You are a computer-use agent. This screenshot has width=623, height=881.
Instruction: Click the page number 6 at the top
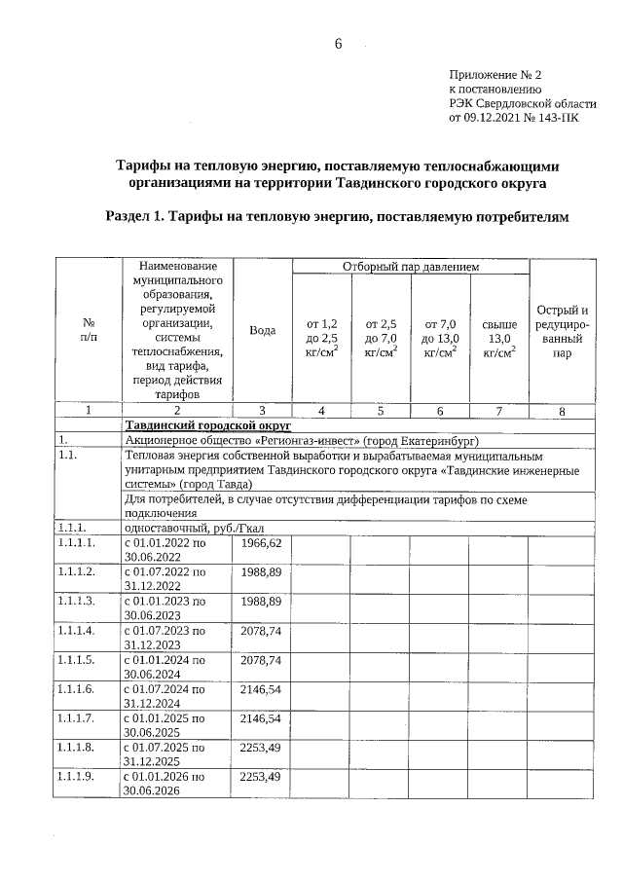pyautogui.click(x=338, y=44)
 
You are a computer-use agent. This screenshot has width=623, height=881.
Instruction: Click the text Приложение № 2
pyautogui.click(x=494, y=74)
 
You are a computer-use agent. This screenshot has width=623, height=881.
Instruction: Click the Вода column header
pyautogui.click(x=262, y=330)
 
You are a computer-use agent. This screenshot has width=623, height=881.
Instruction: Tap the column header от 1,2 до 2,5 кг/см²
pyautogui.click(x=321, y=338)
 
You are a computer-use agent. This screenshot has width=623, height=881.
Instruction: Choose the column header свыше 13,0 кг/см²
pyautogui.click(x=498, y=338)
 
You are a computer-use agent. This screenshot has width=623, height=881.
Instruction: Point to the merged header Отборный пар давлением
pyautogui.click(x=410, y=267)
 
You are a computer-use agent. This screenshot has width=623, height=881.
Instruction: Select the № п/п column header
pyautogui.click(x=88, y=330)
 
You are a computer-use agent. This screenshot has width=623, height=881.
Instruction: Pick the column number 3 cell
pyautogui.click(x=262, y=411)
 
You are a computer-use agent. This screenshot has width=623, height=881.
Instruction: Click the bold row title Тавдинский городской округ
pyautogui.click(x=208, y=425)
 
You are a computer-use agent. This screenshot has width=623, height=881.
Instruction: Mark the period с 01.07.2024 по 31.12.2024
pyautogui.click(x=165, y=695)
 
